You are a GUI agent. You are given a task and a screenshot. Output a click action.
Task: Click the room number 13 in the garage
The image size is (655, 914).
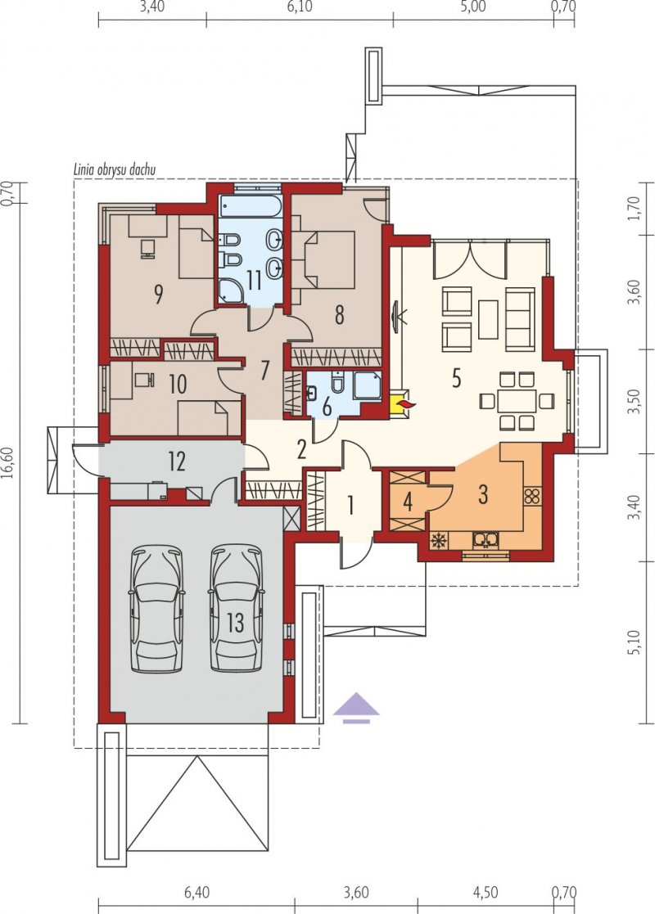[235, 623]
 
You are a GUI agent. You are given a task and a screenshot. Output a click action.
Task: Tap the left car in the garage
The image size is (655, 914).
[156, 608]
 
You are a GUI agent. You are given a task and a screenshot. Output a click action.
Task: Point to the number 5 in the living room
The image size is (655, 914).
[456, 378]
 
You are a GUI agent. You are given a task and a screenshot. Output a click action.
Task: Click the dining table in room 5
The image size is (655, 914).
[516, 400]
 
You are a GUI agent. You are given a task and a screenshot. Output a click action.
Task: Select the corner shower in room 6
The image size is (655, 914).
[368, 385]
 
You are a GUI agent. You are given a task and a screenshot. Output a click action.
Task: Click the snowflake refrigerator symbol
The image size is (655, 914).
[437, 541]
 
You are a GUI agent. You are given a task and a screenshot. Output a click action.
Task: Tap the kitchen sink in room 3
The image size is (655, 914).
[485, 540]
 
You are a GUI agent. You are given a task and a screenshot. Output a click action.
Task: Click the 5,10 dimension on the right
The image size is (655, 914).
[635, 642]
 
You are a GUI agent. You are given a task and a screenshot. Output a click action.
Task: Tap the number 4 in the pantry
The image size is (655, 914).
[408, 502]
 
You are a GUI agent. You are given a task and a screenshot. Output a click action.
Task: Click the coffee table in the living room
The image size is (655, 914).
[488, 319]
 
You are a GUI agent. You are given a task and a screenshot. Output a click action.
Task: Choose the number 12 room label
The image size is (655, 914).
[177, 462]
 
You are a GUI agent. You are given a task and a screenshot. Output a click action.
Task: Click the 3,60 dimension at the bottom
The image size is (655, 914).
[356, 893]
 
